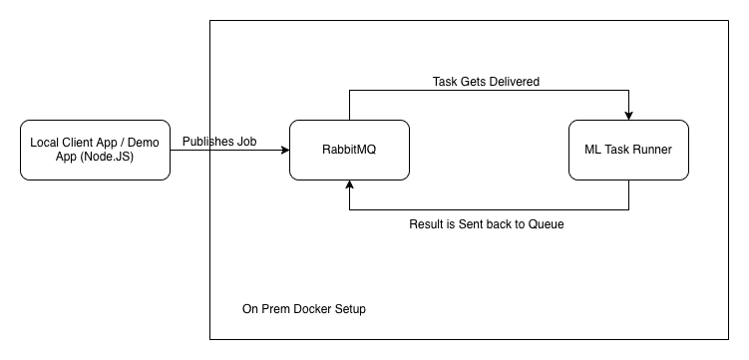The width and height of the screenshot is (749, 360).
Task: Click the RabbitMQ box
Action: tap(349, 150)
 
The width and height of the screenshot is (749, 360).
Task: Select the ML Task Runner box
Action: tap(628, 150)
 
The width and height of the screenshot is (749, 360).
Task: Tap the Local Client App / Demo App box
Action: tap(95, 150)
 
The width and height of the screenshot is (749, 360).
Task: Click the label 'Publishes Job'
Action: tap(219, 142)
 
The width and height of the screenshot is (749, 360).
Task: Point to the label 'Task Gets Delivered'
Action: tap(487, 81)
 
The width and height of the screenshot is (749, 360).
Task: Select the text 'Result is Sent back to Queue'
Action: tap(487, 224)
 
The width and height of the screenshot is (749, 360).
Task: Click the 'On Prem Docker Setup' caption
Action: tap(304, 309)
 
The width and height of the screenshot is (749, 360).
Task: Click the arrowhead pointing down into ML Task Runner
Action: tap(628, 115)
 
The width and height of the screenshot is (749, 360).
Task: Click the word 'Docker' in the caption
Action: tap(311, 309)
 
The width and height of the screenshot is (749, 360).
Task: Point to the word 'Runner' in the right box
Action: tap(651, 150)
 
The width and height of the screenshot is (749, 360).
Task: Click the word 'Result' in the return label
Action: tap(428, 224)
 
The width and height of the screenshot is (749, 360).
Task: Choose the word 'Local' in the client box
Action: tap(46, 143)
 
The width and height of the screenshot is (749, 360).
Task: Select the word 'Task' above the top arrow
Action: tap(446, 81)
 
